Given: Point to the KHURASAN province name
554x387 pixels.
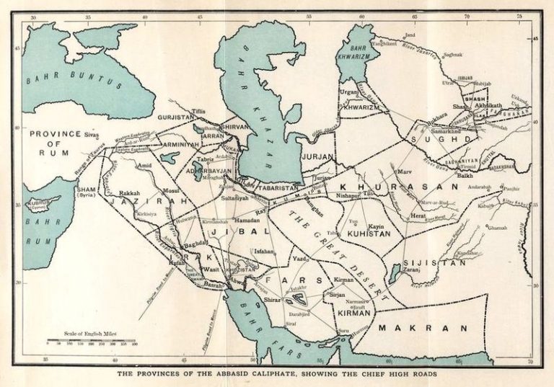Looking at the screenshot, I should (397, 186).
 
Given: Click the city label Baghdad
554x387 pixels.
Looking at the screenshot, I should (195, 244).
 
